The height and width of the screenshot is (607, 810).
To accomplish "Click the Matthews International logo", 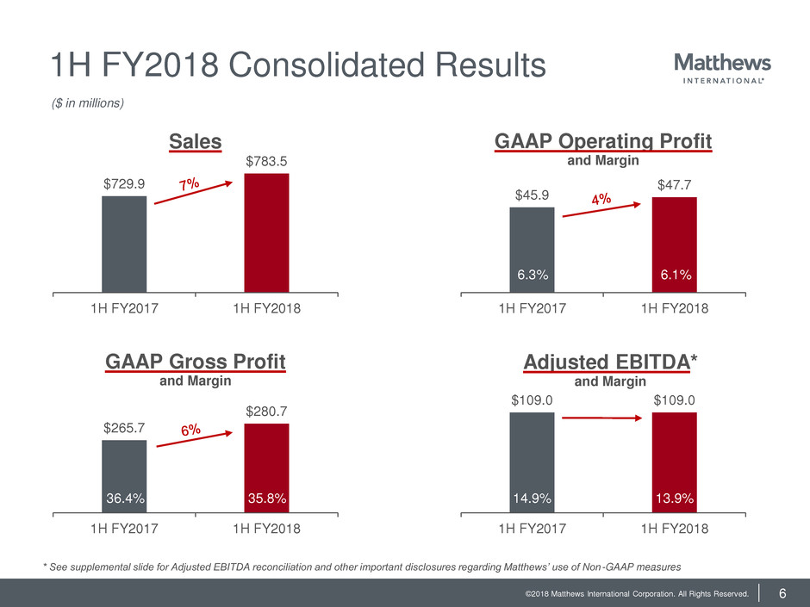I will [x=722, y=69].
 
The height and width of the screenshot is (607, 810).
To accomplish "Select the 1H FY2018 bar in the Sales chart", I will [x=266, y=233].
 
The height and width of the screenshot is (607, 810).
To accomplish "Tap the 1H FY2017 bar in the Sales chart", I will [x=124, y=245].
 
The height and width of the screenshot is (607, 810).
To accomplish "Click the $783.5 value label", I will [x=266, y=161].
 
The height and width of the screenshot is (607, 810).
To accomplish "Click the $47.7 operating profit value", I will [x=674, y=184].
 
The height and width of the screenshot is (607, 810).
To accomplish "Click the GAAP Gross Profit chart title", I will [x=196, y=361].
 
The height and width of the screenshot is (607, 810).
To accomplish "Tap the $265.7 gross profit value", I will [x=124, y=427].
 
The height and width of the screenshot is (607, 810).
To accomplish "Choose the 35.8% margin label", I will [x=266, y=497].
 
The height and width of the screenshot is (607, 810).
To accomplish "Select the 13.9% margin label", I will [x=674, y=497].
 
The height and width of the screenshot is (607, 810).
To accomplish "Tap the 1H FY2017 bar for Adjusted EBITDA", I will [x=532, y=456].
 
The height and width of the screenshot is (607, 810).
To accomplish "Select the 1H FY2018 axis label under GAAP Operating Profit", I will [x=674, y=309].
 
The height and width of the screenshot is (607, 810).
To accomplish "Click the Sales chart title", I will [x=195, y=142].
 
